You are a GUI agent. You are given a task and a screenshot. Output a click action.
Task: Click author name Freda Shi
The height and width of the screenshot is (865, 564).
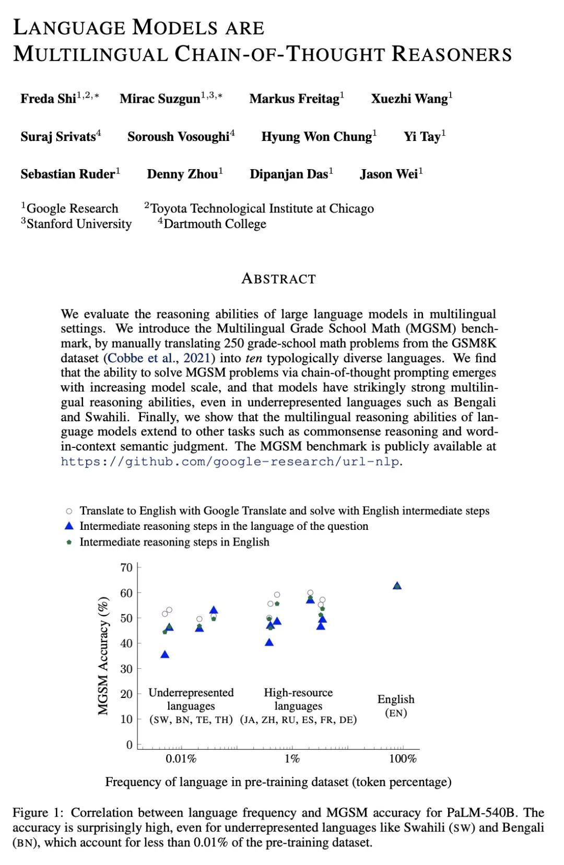[48, 99]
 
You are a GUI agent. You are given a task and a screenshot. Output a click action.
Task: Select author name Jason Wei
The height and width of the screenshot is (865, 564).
[389, 174]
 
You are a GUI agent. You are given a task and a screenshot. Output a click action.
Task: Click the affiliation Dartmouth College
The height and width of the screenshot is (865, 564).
[215, 224]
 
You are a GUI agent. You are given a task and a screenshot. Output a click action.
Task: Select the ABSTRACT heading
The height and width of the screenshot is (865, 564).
[278, 279]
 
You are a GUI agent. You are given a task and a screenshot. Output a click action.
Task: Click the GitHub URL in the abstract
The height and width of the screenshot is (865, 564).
[230, 461]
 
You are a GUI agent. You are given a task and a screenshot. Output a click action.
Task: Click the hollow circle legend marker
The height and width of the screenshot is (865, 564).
[69, 511]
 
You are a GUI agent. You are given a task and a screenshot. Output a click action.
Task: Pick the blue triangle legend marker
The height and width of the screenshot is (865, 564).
[69, 526]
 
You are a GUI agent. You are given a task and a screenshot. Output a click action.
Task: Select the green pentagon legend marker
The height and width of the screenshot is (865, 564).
[69, 542]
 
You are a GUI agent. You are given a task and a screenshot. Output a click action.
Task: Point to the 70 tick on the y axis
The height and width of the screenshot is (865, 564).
[126, 567]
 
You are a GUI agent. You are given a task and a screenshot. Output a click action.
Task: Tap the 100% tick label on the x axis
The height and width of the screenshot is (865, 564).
[403, 759]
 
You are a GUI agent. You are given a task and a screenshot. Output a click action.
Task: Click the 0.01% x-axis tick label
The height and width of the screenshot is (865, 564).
[181, 759]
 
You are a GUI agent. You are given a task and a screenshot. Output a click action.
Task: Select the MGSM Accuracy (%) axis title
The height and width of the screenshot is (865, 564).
[103, 655]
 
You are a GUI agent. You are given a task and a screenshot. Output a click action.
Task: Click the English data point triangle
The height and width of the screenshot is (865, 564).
[397, 586]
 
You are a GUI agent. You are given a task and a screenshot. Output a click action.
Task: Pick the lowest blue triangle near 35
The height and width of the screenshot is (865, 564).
[165, 655]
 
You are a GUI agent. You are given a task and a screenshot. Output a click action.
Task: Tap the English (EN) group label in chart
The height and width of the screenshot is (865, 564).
[396, 706]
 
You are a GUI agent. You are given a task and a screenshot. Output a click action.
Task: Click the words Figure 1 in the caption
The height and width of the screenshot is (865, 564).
[37, 813]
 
